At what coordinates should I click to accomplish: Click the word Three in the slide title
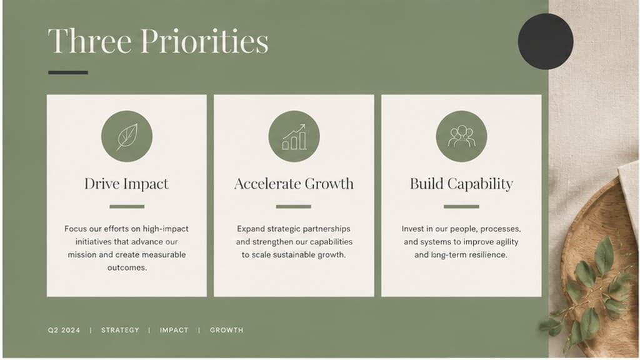point(90,41)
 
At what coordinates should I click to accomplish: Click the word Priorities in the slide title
point(204,41)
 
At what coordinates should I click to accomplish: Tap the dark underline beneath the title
point(67,72)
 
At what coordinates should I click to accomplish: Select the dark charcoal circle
point(546,41)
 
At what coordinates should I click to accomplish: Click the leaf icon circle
point(127,136)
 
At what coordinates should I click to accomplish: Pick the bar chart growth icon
point(294,136)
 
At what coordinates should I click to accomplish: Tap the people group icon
point(462,136)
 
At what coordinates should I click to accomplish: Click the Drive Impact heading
point(126,184)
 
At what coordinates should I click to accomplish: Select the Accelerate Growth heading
point(294,184)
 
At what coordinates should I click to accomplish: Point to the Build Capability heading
point(461,184)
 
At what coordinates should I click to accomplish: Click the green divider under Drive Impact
point(127,206)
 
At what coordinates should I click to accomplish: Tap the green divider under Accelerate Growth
point(294,206)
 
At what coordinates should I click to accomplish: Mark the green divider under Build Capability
point(461,206)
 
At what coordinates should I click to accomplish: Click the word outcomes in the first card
point(126,267)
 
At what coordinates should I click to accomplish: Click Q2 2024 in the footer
point(64,330)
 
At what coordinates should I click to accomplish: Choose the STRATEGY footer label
point(120,330)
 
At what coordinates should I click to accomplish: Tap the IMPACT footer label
point(174,330)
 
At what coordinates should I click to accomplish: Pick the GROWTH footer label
point(226,330)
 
